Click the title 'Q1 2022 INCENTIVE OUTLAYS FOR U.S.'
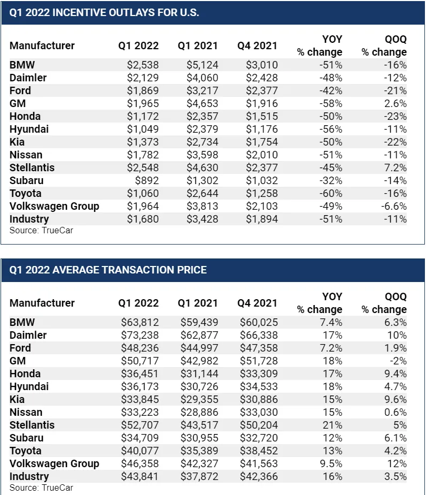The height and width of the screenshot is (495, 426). [x=104, y=12]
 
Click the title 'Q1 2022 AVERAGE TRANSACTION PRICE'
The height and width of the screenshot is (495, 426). [x=108, y=270]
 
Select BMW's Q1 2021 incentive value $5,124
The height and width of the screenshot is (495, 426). [x=202, y=65]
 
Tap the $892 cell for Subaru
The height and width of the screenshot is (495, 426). [x=147, y=180]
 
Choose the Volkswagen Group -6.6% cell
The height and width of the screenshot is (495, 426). [x=393, y=206]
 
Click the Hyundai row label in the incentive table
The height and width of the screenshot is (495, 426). [x=25, y=129]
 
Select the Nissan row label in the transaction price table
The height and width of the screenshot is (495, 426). [x=26, y=412]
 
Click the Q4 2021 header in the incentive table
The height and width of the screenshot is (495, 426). [x=257, y=46]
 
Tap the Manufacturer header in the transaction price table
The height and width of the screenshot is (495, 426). [x=42, y=303]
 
